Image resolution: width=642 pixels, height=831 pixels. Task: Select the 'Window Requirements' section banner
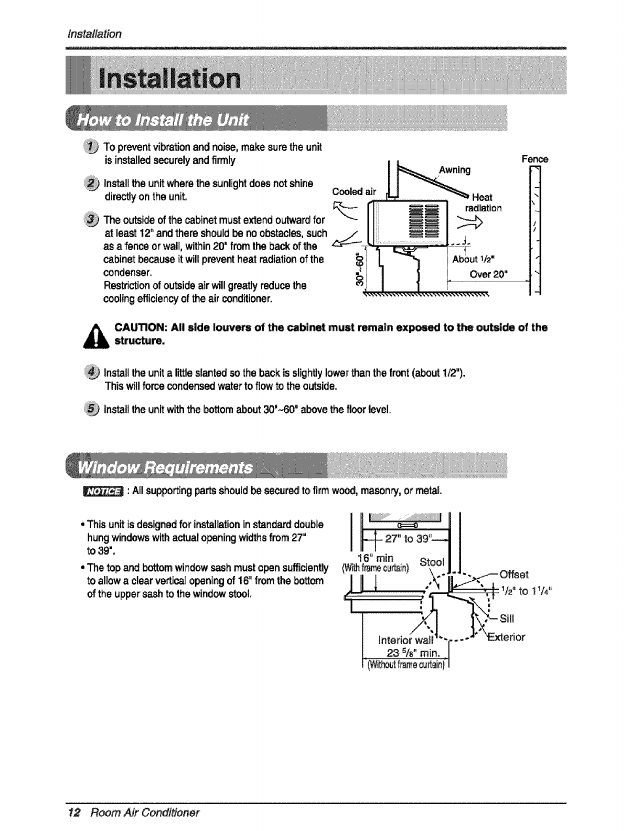point(165,467)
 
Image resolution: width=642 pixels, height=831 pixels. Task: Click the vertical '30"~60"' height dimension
point(359,272)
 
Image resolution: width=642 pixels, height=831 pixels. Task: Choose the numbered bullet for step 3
point(93,219)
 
